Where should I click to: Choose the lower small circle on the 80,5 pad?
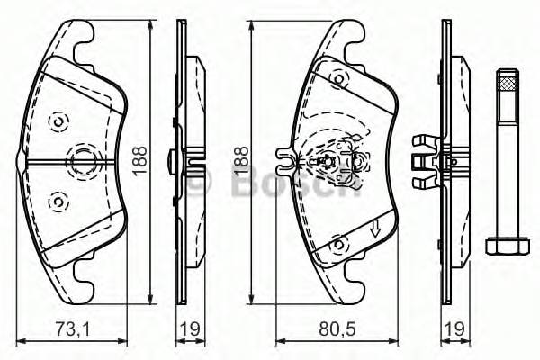[x=339, y=243]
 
